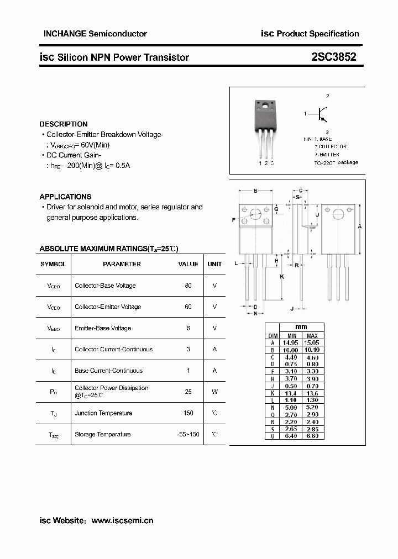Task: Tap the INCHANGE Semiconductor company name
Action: [95, 34]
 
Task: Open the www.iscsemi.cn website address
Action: [122, 520]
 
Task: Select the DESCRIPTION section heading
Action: [64, 124]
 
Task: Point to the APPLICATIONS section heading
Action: [65, 197]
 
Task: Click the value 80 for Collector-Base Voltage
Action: [188, 286]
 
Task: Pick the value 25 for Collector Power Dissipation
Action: [188, 392]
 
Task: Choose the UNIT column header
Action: [214, 264]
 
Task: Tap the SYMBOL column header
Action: [54, 264]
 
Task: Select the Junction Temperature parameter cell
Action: [103, 413]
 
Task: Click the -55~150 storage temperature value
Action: [185, 434]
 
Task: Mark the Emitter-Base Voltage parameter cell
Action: [103, 328]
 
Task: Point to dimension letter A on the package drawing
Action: [360, 226]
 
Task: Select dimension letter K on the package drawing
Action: [282, 276]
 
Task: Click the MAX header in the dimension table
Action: [312, 336]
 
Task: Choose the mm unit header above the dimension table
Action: [301, 327]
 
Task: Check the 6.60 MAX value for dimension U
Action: [312, 436]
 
